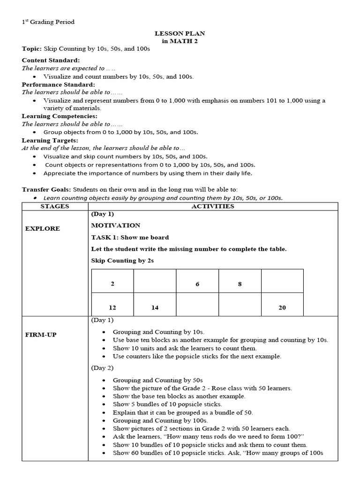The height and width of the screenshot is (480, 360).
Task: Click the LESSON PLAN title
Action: tap(180, 34)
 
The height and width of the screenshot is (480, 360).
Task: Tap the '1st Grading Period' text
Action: tap(48, 22)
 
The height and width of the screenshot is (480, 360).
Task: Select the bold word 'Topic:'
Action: tap(32, 49)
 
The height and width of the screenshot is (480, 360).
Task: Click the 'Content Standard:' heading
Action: tap(51, 60)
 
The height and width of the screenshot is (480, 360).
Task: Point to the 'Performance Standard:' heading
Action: tap(59, 84)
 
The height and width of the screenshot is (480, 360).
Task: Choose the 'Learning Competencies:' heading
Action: tap(60, 116)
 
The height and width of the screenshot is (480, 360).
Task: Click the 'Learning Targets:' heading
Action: tap(50, 140)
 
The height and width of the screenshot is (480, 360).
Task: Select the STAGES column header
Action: tap(55, 206)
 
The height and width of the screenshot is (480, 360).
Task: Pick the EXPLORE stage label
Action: tap(43, 229)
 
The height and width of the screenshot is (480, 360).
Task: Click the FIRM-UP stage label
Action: tap(41, 335)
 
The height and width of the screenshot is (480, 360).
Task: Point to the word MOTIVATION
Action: tap(116, 225)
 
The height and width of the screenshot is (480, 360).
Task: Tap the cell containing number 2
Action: tap(112, 284)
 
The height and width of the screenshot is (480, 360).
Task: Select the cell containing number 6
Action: tap(197, 284)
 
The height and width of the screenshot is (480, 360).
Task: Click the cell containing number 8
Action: tap(240, 284)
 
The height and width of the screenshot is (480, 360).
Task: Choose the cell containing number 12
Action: tap(112, 307)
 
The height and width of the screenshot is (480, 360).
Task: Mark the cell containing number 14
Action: tap(155, 307)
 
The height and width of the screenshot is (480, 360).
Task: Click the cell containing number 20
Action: tap(282, 307)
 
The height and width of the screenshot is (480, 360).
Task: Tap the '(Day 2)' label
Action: tap(102, 368)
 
